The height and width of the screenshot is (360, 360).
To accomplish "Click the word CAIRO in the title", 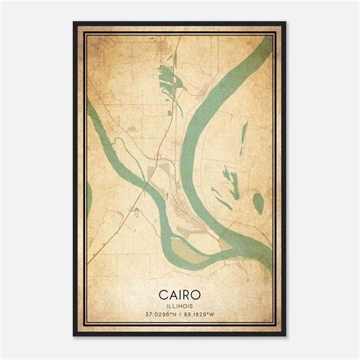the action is coord(180,292).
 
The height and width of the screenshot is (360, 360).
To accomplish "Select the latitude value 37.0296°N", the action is coord(158,314).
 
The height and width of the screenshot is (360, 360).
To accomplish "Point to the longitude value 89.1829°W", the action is coord(202,314).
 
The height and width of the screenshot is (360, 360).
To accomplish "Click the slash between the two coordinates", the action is coord(180,314).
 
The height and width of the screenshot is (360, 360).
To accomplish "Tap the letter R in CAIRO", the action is coord(190,292).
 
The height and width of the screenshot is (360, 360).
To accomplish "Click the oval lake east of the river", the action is coord(257,203).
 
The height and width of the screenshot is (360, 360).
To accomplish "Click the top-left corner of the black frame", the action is coord(74,23).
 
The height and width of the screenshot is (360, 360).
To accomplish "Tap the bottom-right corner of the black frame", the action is coord(286,336).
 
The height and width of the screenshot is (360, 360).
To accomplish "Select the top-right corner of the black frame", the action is coord(286,23).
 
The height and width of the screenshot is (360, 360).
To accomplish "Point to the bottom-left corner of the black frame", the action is coord(74,336).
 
